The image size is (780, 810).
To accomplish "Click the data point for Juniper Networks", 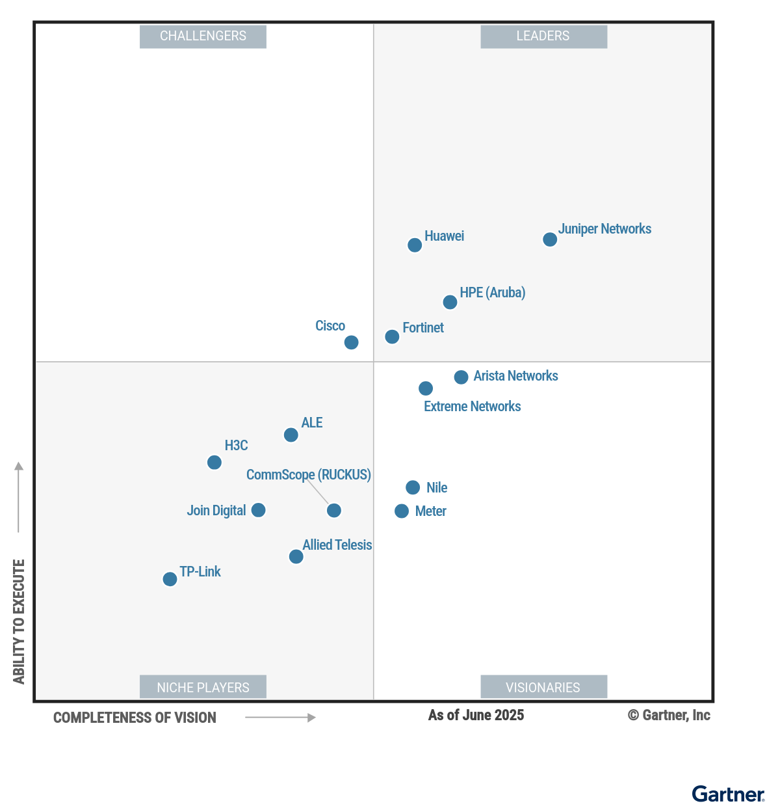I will (550, 239).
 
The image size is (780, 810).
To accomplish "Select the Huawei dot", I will (415, 245).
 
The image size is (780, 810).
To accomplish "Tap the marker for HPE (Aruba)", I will (450, 302).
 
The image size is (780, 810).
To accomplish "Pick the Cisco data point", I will (351, 342).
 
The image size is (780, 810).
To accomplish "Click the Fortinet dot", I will (392, 336).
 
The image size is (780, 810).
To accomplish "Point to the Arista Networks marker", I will (461, 377).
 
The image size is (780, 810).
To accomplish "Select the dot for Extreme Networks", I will (426, 388).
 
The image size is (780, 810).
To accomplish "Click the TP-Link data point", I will (170, 579).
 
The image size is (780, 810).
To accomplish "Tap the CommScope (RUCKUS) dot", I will (333, 511).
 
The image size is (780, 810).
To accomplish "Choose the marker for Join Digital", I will (258, 510).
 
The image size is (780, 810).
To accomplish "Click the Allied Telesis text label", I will (337, 545).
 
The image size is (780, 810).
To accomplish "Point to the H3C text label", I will (236, 446).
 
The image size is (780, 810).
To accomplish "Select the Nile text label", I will (437, 488).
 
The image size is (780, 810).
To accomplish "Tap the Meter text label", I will (430, 511).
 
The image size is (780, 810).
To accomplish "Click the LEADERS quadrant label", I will (543, 36).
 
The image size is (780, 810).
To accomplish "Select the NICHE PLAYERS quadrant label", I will (203, 687).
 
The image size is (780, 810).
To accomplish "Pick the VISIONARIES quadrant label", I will (543, 687).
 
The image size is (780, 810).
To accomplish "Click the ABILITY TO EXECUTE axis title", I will (19, 621).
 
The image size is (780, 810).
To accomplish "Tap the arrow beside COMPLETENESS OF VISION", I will (280, 718).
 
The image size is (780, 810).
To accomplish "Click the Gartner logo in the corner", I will (728, 794).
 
